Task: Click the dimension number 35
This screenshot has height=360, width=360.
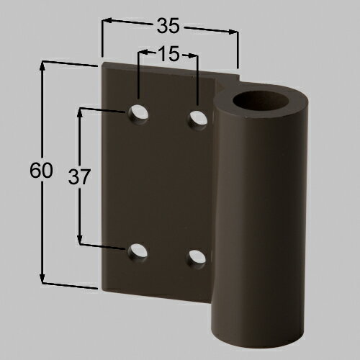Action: [168, 25]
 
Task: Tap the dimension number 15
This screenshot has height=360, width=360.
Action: [168, 53]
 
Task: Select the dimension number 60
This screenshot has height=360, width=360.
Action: [41, 170]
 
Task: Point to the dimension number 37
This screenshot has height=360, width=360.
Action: [79, 177]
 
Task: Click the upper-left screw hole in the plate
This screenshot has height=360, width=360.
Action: [138, 114]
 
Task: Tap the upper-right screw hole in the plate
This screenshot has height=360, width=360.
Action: [197, 120]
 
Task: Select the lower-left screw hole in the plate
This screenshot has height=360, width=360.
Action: [137, 252]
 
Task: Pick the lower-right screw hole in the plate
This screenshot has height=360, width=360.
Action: [197, 258]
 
